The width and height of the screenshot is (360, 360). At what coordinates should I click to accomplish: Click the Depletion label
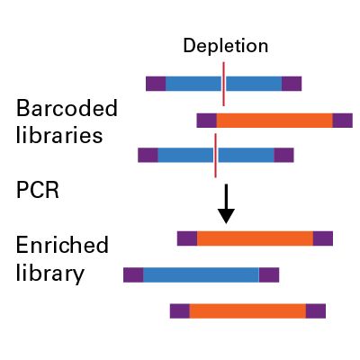click(225, 45)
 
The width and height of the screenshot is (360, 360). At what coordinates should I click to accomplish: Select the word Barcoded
click(67, 110)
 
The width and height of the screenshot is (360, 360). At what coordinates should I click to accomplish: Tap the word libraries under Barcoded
click(58, 136)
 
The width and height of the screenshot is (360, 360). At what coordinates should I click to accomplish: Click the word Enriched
click(62, 246)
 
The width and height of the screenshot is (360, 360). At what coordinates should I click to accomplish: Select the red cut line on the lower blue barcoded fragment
click(216, 155)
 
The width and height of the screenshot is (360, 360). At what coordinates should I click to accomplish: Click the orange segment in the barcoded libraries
click(274, 120)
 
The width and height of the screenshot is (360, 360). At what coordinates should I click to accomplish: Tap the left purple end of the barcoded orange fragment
click(207, 120)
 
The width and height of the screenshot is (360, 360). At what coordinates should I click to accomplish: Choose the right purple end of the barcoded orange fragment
click(342, 120)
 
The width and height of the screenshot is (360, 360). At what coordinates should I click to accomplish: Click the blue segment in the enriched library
click(201, 274)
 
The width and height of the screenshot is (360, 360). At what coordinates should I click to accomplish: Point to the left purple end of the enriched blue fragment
click(133, 274)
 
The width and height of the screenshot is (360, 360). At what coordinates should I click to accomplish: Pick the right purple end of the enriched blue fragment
click(268, 274)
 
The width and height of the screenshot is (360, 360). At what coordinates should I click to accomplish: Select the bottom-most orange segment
click(247, 310)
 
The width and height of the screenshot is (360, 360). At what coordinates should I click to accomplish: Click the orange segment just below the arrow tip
click(255, 238)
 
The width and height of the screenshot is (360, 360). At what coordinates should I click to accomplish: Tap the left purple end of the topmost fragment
click(156, 84)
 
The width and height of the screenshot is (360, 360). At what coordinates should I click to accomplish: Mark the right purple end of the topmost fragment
click(292, 84)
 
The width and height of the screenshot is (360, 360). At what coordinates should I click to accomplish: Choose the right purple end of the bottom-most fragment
click(315, 310)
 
